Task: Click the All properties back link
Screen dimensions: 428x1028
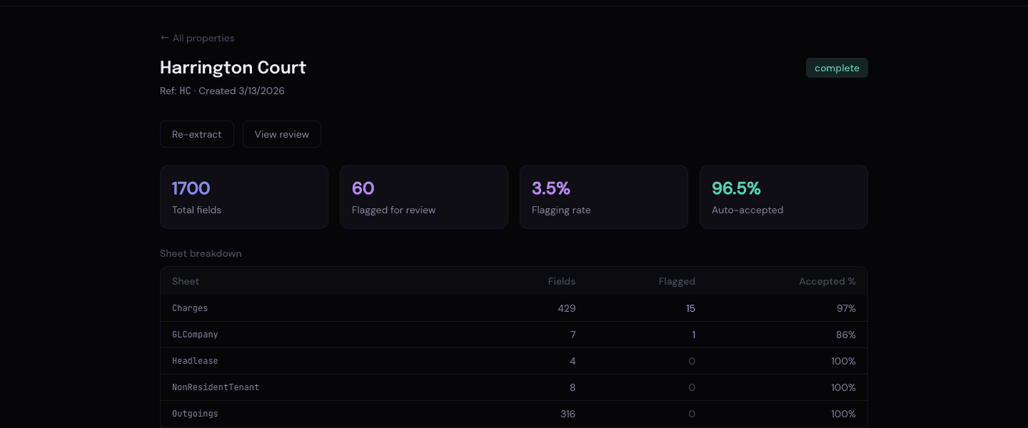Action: [197, 38]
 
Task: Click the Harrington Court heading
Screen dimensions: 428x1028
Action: [233, 68]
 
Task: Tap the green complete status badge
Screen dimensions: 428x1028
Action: [837, 68]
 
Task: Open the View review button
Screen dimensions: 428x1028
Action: [282, 134]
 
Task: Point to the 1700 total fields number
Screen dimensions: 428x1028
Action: [191, 188]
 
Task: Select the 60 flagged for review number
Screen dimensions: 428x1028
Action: [363, 188]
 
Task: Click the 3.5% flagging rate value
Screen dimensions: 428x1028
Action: [550, 188]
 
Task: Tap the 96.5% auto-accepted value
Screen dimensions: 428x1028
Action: [736, 188]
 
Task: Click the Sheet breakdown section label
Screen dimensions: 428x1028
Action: [201, 253]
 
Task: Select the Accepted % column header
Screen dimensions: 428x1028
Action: [827, 281]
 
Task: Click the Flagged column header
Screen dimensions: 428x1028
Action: [676, 281]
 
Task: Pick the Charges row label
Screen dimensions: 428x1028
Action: [190, 308]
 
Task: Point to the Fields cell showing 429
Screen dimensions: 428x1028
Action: [567, 308]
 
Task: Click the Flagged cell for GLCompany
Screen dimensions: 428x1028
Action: [693, 335]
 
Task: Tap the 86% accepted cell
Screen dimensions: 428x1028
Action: [846, 335]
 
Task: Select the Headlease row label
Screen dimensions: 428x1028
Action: [195, 361]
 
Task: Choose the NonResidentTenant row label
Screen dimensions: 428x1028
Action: [216, 387]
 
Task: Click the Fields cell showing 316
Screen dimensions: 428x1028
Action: [567, 414]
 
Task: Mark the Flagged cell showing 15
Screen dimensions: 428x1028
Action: [690, 308]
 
